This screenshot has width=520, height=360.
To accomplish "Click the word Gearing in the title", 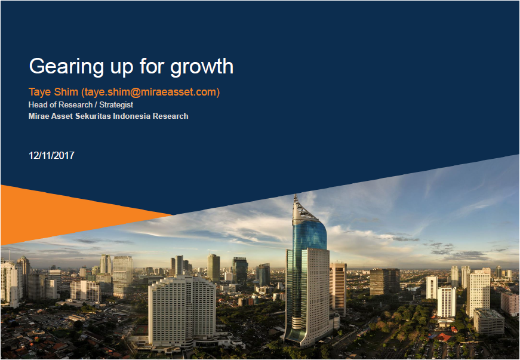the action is pyautogui.click(x=66, y=67).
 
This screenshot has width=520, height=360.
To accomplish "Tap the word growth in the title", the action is pyautogui.click(x=202, y=67).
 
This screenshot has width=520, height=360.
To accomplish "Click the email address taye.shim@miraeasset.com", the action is pyautogui.click(x=150, y=92).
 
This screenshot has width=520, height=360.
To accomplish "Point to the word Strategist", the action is pyautogui.click(x=116, y=104).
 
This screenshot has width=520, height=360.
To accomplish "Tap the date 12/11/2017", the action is pyautogui.click(x=51, y=155).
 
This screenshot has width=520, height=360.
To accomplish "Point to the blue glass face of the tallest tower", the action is pyautogui.click(x=309, y=233).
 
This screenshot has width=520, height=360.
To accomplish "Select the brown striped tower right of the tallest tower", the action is pyautogui.click(x=338, y=288).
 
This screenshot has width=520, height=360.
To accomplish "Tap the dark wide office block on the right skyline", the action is pyautogui.click(x=384, y=281).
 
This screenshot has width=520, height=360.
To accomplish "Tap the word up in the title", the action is pyautogui.click(x=122, y=68).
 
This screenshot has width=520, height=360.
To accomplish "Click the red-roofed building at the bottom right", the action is pyautogui.click(x=444, y=337).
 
